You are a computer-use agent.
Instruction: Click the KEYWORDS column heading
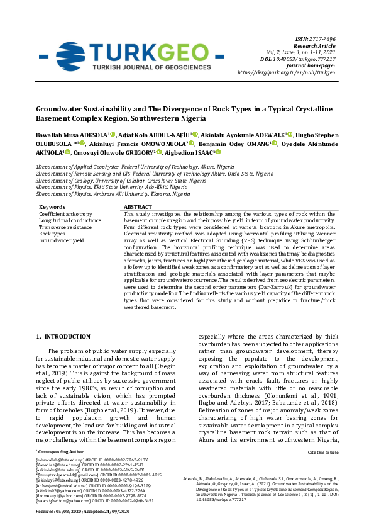pyautogui.click(x=52, y=206)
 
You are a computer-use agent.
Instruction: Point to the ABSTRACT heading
pyautogui.click(x=138, y=206)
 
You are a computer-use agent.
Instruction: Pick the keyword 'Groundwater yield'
pyautogui.click(x=61, y=240)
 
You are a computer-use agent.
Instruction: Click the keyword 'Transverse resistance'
pyautogui.click(x=65, y=227)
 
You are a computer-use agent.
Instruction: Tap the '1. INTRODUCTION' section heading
pyautogui.click(x=63, y=337)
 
